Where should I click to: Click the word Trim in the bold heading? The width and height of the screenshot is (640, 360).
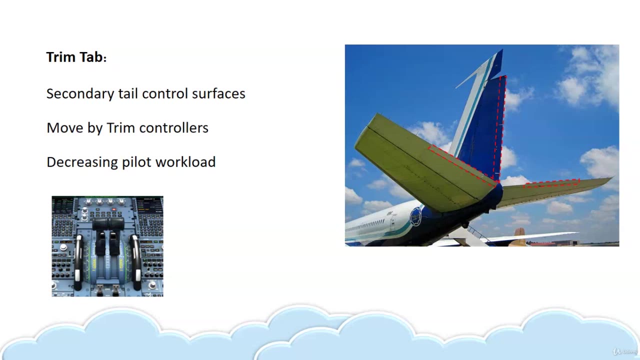[x=61, y=57]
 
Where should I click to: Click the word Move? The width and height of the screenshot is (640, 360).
[x=64, y=127]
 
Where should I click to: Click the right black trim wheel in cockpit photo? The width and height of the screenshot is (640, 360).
[x=135, y=262]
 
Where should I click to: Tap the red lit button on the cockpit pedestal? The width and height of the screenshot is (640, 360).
[x=113, y=209]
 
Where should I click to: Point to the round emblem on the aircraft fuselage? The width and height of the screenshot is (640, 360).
[x=415, y=216]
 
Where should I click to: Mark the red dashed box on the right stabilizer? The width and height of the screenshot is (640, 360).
[x=551, y=183]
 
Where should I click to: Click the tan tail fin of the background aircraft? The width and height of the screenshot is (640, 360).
[x=519, y=236]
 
